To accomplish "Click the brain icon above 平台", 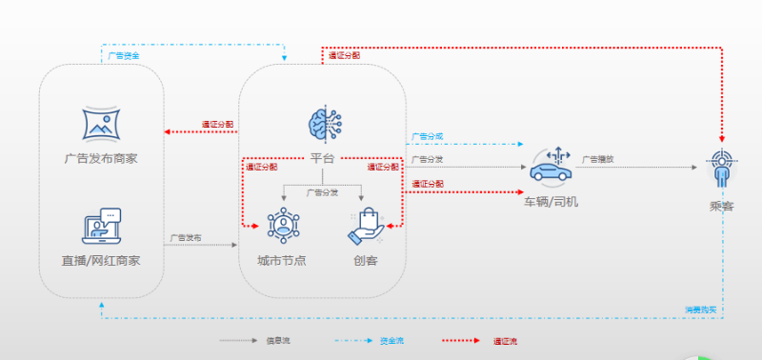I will pyautogui.click(x=324, y=124).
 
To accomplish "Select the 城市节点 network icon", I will pyautogui.click(x=283, y=225).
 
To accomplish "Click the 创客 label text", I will pyautogui.click(x=365, y=260).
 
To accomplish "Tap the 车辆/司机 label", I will pyautogui.click(x=550, y=202).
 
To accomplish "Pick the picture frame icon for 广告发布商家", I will pyautogui.click(x=100, y=124).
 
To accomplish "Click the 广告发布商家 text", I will pyautogui.click(x=101, y=158).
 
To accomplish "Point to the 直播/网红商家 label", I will pyautogui.click(x=101, y=260).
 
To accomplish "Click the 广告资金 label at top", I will pyautogui.click(x=123, y=56).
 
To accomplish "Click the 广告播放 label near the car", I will pyautogui.click(x=598, y=159).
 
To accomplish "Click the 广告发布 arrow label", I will pyautogui.click(x=186, y=237).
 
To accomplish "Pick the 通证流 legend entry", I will pyautogui.click(x=504, y=340).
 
